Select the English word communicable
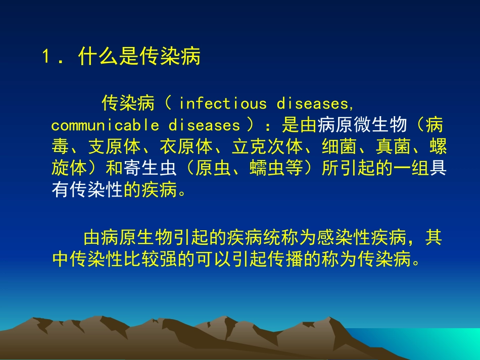coord(105,125)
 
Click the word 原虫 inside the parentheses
coord(213,169)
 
